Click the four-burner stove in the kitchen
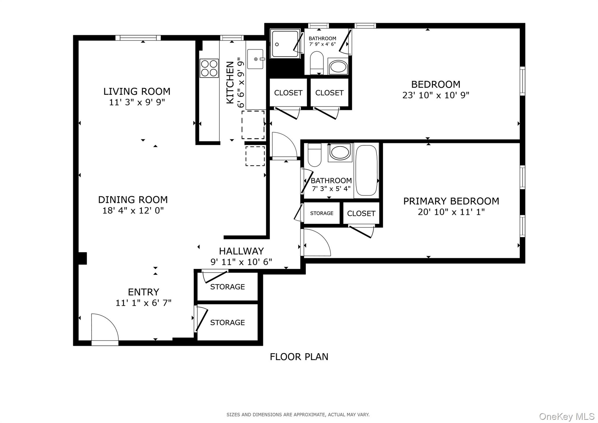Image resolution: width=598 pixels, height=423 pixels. [209, 68]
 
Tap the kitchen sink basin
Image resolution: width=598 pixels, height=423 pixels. [255, 59]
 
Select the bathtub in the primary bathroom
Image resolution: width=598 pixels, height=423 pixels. [367, 170]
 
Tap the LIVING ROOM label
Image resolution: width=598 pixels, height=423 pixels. [137, 91]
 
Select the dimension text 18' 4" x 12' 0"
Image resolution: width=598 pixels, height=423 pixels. [133, 211]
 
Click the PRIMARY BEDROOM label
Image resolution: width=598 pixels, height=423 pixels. [451, 201]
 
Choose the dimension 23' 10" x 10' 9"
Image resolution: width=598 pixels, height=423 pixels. [436, 95]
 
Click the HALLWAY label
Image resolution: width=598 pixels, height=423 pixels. [241, 251]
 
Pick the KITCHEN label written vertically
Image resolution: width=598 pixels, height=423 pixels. [230, 82]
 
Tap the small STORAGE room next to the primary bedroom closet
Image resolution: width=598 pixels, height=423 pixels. [321, 213]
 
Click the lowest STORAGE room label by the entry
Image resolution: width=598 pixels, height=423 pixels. [227, 323]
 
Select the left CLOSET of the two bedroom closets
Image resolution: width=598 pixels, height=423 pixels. [288, 93]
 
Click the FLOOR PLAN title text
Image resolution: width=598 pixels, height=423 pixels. [299, 357]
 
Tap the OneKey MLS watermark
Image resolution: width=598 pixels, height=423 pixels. [566, 416]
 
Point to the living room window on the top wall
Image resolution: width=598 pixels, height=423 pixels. [138, 38]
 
